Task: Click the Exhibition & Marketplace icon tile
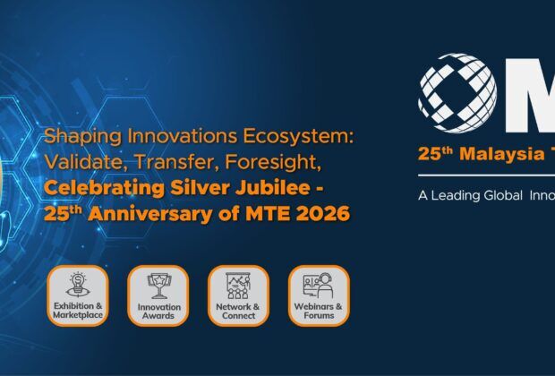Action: (78, 296)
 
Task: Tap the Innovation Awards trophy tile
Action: (158, 296)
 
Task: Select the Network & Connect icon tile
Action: (238, 296)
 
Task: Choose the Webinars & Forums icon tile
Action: (319, 296)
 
